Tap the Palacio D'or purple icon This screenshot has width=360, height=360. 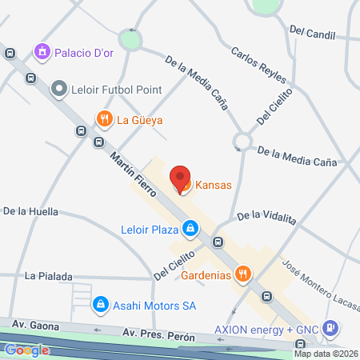(41, 53)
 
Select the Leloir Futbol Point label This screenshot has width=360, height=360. (117, 90)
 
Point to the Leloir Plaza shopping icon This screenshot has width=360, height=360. (190, 230)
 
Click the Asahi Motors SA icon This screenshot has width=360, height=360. (101, 305)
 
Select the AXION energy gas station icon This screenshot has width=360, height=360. (329, 329)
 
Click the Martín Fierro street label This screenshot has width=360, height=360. (132, 167)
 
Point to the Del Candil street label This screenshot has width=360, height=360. (313, 32)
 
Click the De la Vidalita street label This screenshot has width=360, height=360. (266, 217)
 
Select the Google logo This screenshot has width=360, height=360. (26, 350)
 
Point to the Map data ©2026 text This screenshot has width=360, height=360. (326, 354)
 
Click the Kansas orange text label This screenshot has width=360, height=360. (214, 185)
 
